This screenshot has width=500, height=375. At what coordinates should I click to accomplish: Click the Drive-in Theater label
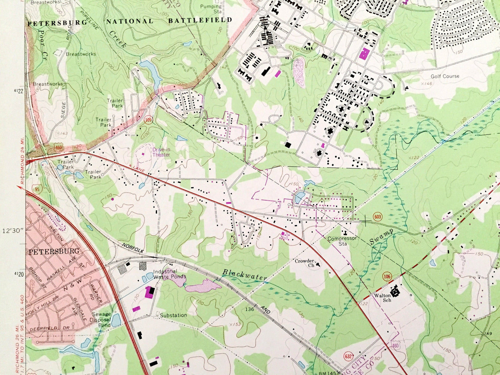pyautogui.click(x=161, y=152)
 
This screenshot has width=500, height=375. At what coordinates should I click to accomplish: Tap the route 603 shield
pyautogui.click(x=378, y=217)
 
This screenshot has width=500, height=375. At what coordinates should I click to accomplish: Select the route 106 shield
pyautogui.click(x=387, y=276)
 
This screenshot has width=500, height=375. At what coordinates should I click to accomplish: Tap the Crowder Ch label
pyautogui.click(x=305, y=263)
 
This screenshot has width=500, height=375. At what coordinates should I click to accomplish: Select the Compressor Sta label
pyautogui.click(x=342, y=241)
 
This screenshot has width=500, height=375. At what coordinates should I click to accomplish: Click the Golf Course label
pyautogui.click(x=445, y=76)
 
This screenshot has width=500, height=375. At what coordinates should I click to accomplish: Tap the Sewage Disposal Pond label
pyautogui.click(x=102, y=320)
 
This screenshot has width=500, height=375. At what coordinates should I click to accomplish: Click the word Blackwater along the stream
pyautogui.click(x=244, y=275)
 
